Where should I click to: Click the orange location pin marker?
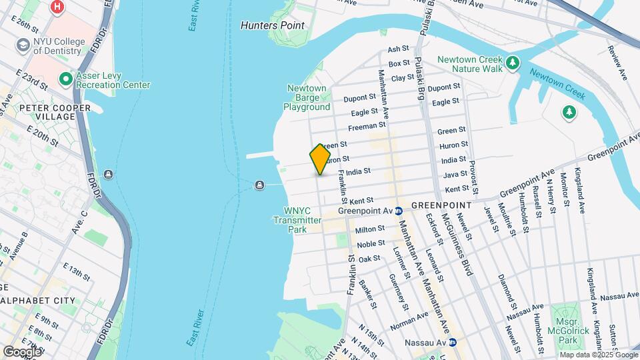pos(320,159)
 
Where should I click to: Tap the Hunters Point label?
pos(272,25)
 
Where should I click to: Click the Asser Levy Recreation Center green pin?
pos(66,79)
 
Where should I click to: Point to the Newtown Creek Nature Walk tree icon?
pos(512,63)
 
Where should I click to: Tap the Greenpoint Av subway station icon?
pos(399,211)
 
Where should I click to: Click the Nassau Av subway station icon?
pos(452,343)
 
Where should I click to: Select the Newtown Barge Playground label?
pos(307,97)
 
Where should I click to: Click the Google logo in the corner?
pos(22,351)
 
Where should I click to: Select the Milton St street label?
pos(370,229)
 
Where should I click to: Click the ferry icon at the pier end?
pos(259,185)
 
